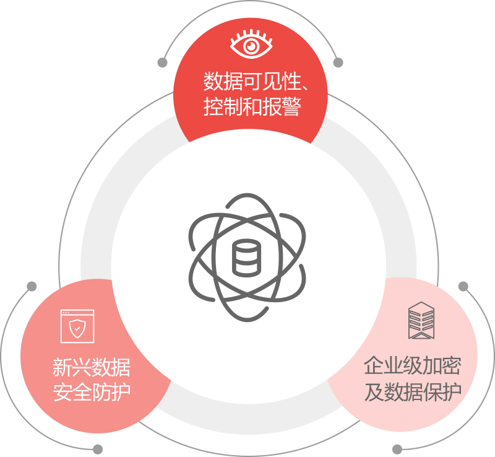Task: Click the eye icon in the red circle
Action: click(x=251, y=45)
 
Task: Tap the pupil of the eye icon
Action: click(x=251, y=46)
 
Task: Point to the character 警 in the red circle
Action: click(x=290, y=107)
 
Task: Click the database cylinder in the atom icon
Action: click(x=246, y=258)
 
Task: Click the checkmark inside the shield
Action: click(x=77, y=330)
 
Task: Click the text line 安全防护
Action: click(x=92, y=392)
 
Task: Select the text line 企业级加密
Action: click(x=413, y=365)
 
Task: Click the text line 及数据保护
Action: click(x=413, y=391)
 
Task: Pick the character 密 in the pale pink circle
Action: click(x=452, y=365)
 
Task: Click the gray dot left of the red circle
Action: click(x=163, y=63)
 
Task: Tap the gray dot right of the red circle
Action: click(x=338, y=63)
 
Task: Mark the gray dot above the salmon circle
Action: click(x=32, y=286)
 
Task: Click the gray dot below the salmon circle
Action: click(x=98, y=449)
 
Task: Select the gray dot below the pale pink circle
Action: click(x=397, y=449)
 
